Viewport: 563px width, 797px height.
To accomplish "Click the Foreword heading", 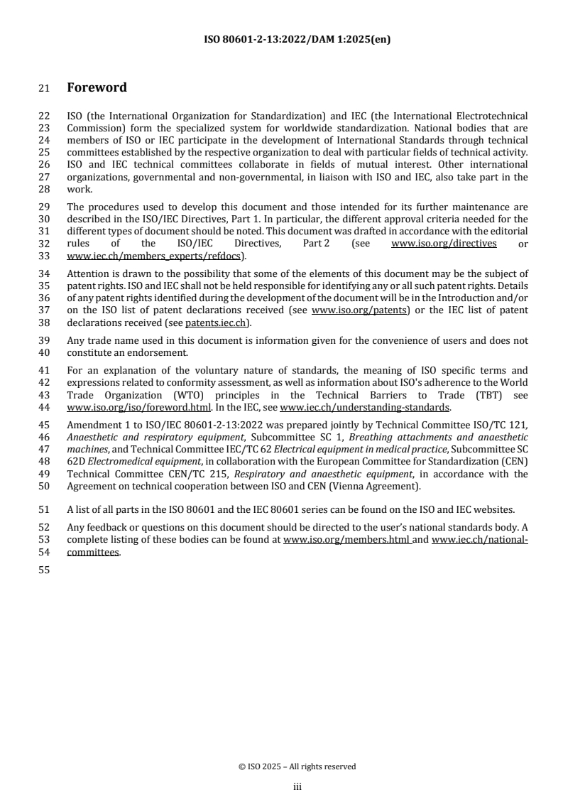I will click(x=97, y=88).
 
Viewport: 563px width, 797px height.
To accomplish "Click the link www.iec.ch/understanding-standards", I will click(x=365, y=407).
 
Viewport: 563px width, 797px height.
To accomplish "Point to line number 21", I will click(x=43, y=88).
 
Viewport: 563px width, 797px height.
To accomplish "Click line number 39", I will click(x=43, y=341).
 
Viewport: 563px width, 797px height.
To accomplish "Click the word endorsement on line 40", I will click(x=159, y=352).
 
